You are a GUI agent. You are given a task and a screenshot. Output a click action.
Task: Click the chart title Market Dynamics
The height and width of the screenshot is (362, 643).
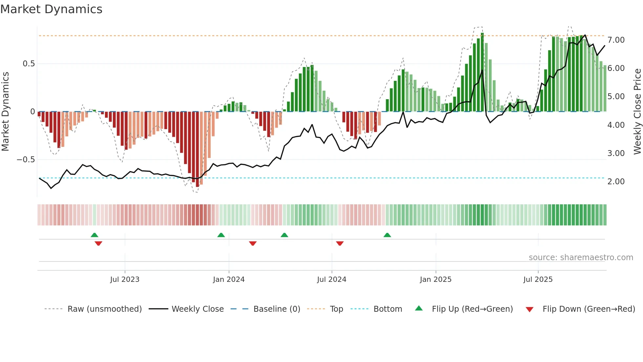pos(51,9)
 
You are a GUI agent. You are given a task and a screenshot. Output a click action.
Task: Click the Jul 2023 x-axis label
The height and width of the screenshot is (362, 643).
pos(125,280)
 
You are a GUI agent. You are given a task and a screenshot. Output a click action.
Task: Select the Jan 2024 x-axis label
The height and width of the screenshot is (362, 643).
pos(229,280)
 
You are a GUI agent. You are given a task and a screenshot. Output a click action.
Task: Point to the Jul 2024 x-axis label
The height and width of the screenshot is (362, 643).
pos(332,280)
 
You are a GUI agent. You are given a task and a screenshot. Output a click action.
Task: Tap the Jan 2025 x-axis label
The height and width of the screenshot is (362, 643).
pos(436,280)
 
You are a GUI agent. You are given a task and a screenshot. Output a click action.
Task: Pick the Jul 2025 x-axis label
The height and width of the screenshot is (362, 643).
pos(538,280)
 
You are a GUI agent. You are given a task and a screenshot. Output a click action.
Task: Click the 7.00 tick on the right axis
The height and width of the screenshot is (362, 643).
pos(616,40)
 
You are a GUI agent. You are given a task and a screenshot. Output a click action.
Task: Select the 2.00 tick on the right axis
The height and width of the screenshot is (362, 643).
pos(616,182)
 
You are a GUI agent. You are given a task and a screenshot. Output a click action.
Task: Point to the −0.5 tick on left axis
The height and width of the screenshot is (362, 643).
pos(26,160)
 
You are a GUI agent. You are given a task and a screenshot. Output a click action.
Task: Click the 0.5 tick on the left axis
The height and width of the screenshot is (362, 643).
pos(29,64)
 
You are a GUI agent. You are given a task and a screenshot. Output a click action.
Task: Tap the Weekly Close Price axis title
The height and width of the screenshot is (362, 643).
pos(637,112)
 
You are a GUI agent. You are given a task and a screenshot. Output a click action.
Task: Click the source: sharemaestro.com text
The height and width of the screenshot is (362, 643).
pos(581,258)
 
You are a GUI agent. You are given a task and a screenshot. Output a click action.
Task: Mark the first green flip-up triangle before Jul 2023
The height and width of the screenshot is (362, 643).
pos(94,235)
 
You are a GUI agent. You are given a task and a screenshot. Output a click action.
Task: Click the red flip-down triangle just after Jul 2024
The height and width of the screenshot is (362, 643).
pos(340,243)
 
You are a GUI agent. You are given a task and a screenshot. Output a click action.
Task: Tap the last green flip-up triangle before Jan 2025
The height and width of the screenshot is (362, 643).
pos(387,235)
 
